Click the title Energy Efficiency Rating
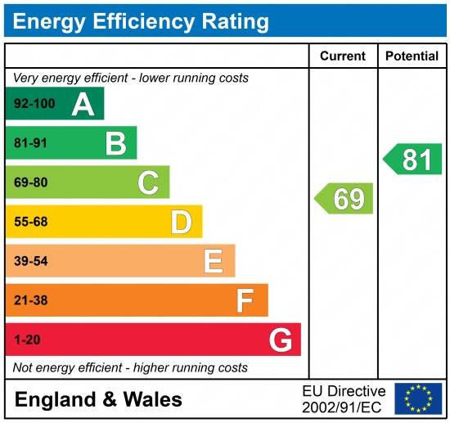141,21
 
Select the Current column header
342,56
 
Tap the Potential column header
412,56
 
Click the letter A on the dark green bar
83,105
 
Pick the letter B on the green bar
115,144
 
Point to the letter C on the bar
148,182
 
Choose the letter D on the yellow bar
181,222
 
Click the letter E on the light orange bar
214,261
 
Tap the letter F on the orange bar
245,300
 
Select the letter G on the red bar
280,340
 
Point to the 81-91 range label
29,144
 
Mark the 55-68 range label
30,222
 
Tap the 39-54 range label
30,261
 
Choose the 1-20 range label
26,340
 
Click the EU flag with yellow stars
418,398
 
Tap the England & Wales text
98,399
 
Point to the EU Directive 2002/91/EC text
344,398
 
